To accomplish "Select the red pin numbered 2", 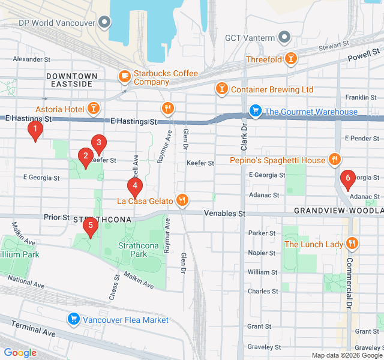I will tap(86, 157).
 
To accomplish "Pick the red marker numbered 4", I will tap(135, 186).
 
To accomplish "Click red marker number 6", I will tap(346, 179).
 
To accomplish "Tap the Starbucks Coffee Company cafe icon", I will tap(124, 76).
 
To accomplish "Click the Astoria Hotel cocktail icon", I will tap(94, 109).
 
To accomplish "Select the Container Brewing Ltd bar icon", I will tap(221, 89).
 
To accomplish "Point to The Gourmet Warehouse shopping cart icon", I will tap(255, 111).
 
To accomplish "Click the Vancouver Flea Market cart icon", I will tap(74, 319).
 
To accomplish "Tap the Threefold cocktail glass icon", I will tap(291, 58).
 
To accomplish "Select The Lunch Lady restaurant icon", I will tap(352, 244).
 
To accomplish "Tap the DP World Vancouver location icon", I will tap(105, 23).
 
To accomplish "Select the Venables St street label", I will tap(224, 213).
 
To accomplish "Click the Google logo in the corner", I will tap(20, 353).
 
